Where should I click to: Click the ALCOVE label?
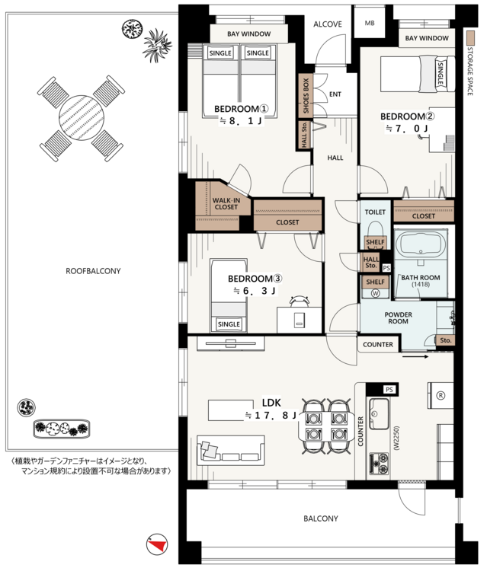pyautogui.click(x=328, y=24)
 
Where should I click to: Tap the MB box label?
pyautogui.click(x=370, y=24)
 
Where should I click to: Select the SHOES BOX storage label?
pyautogui.click(x=306, y=95)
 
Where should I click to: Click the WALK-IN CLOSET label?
pyautogui.click(x=226, y=203)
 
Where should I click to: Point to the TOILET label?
pyautogui.click(x=375, y=212)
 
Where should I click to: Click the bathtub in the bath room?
pyautogui.click(x=420, y=244)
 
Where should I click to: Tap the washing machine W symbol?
pyautogui.click(x=375, y=293)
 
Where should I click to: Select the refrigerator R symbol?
pyautogui.click(x=441, y=395)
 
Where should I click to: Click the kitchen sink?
pyautogui.click(x=379, y=413)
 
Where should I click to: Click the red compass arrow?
pyautogui.click(x=158, y=545)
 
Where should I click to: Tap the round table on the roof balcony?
pyautogui.click(x=82, y=118)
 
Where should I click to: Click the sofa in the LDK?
pyautogui.click(x=230, y=450)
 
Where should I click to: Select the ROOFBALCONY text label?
pyautogui.click(x=93, y=271)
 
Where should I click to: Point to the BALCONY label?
pyautogui.click(x=320, y=518)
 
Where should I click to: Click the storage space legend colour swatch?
pyautogui.click(x=470, y=37)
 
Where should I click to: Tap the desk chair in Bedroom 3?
pyautogui.click(x=300, y=301)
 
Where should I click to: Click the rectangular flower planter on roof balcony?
pyautogui.click(x=62, y=428)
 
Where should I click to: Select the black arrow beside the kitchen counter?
pyautogui.click(x=415, y=356)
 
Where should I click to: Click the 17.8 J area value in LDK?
pyautogui.click(x=271, y=415)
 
